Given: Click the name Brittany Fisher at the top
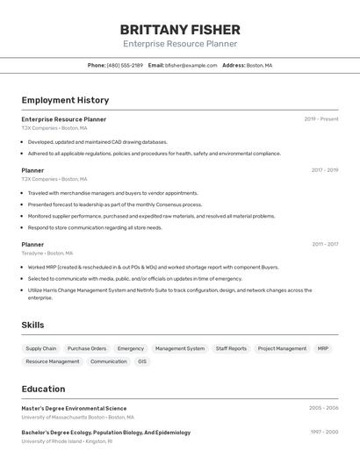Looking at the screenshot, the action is (180, 29).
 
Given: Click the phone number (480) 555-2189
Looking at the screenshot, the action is (125, 65).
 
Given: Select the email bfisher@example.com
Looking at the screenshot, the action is (191, 65).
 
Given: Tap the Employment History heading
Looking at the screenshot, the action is (65, 100).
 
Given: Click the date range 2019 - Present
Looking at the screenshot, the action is (321, 119).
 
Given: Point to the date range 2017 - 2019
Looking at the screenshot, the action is (325, 170).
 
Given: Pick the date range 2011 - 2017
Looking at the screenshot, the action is (325, 245).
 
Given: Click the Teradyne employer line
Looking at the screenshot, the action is (47, 254).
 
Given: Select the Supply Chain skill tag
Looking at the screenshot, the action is (41, 348).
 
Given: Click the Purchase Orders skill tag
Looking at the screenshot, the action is (87, 348).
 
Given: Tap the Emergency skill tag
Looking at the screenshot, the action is (131, 348).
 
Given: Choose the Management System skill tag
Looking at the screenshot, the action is (180, 348).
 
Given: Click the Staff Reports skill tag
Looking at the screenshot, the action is (231, 348).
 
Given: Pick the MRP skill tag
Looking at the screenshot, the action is (323, 348).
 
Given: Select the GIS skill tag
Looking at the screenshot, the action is (142, 361).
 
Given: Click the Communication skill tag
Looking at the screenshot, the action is (109, 361).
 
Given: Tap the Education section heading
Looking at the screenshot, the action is (43, 389).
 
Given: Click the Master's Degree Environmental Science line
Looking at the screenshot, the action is (74, 408).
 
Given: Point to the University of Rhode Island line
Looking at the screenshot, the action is (67, 441).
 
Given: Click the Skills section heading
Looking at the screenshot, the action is (32, 325).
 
